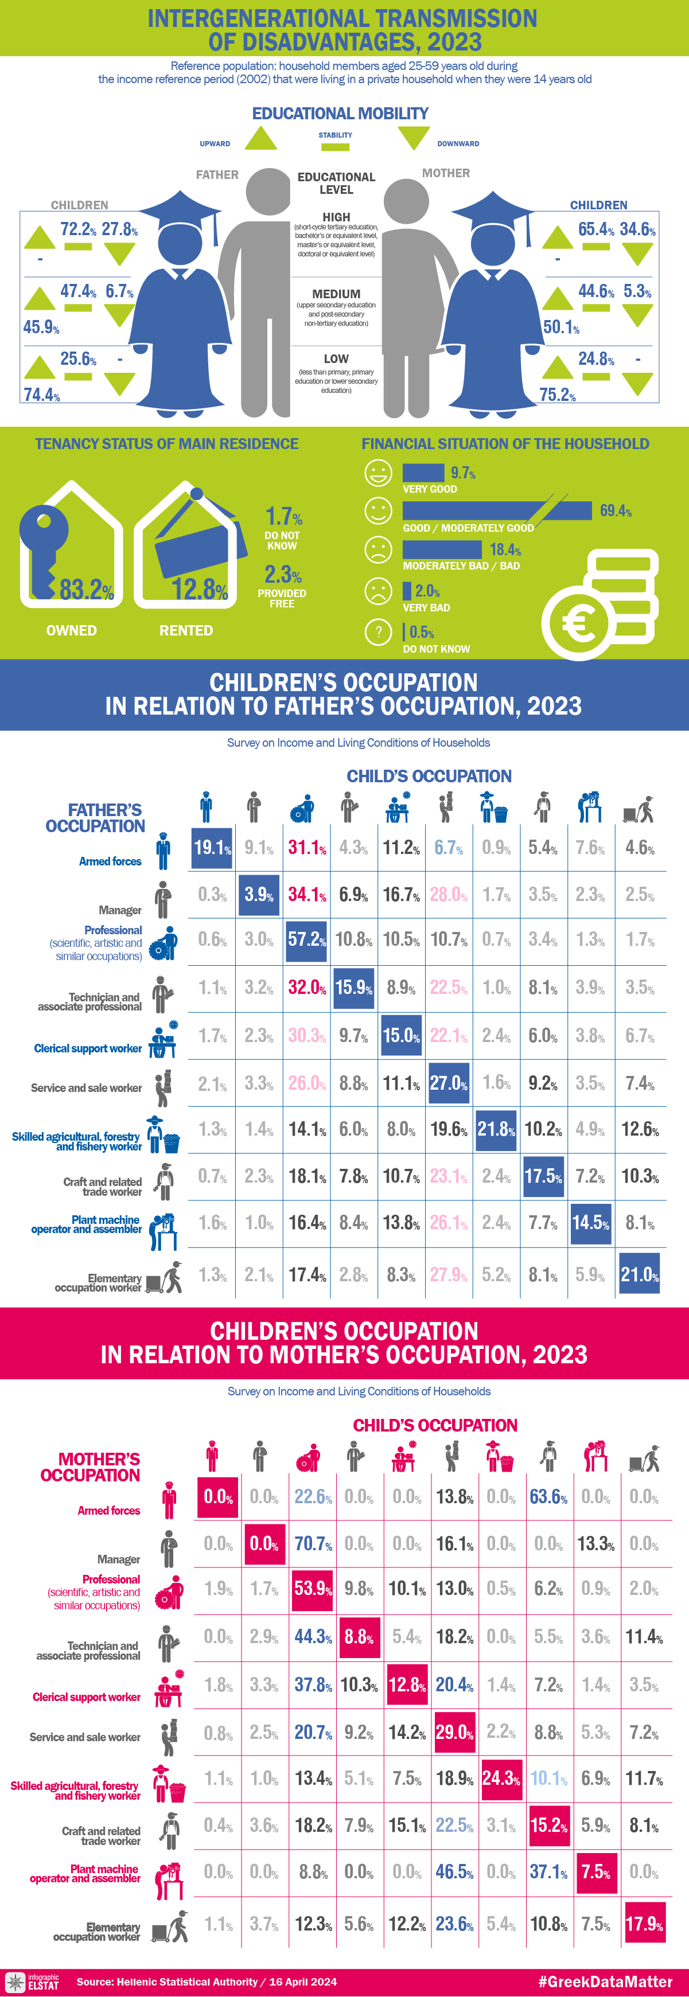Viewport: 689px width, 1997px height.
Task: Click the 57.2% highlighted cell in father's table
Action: pos(306,939)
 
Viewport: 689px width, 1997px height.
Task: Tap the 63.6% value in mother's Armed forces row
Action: pos(548,1497)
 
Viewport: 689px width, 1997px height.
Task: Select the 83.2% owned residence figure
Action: pos(87,590)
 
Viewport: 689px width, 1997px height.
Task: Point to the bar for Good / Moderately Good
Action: pos(496,510)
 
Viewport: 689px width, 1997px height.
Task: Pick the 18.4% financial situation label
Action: pos(504,549)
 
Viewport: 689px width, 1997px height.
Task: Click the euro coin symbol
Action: pos(579,622)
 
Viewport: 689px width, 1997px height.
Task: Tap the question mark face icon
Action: pos(378,632)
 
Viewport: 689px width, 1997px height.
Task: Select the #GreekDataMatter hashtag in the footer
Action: pos(605,1982)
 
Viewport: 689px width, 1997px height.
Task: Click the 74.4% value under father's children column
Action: pos(42,395)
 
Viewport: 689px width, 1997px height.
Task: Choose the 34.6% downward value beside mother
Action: pos(637,229)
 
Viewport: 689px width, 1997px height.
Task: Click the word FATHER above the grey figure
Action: pos(217,175)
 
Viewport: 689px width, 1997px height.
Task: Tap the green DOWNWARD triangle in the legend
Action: pos(413,137)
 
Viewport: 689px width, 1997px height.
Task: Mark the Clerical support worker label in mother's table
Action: pos(86,1697)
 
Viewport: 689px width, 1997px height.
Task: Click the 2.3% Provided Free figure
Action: pos(283,575)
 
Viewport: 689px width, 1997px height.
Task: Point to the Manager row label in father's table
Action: pos(119,910)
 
